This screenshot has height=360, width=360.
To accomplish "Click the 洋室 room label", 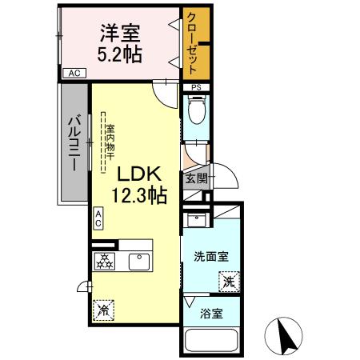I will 120,34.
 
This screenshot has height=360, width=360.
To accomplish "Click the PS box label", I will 194,87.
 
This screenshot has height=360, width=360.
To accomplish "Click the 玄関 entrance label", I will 196,178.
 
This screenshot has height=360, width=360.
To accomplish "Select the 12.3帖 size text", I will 141,194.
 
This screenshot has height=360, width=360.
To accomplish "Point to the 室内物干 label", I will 109,144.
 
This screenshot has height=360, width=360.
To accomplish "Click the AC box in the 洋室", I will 74,74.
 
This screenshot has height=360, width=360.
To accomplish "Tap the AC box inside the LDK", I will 98,218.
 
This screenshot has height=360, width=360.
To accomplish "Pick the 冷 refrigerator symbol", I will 102,309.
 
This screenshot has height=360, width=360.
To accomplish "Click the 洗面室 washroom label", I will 211,256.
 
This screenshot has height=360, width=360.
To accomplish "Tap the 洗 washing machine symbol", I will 229,280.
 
